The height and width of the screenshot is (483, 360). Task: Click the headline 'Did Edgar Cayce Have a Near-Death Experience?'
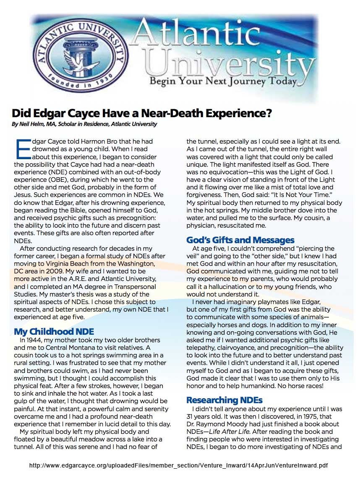coord(142,113)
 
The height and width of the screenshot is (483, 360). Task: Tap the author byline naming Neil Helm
coord(84,124)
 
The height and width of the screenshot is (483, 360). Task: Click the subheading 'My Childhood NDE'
coord(54,331)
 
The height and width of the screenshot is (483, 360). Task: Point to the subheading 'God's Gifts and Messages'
coord(240,240)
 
